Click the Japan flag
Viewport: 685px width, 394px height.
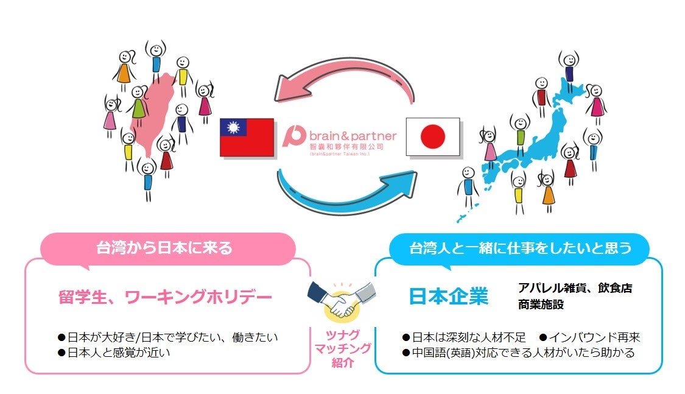point(433,137)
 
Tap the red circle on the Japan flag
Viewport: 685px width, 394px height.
point(433,137)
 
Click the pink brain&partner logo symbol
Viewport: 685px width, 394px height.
point(295,137)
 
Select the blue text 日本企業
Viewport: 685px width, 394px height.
point(449,296)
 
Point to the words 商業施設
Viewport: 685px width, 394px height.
point(541,304)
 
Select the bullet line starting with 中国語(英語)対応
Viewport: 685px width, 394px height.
point(518,353)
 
